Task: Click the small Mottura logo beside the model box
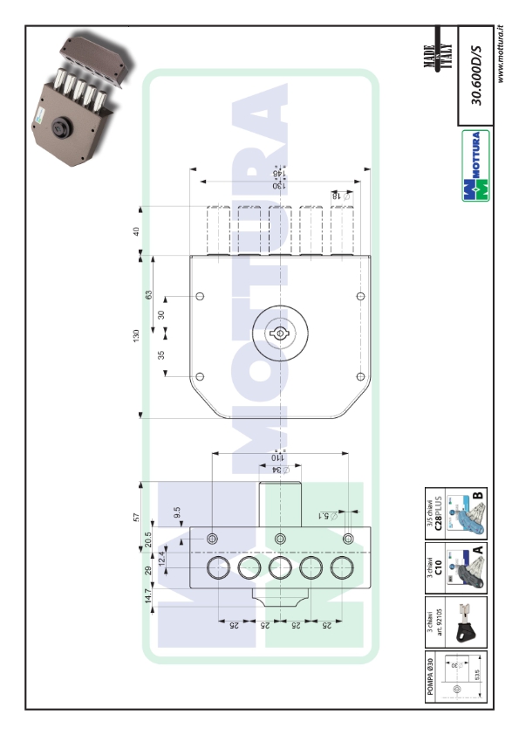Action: point(476,166)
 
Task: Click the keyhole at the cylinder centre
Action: point(281,333)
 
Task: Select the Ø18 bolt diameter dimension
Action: point(337,197)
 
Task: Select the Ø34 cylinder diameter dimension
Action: point(278,470)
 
